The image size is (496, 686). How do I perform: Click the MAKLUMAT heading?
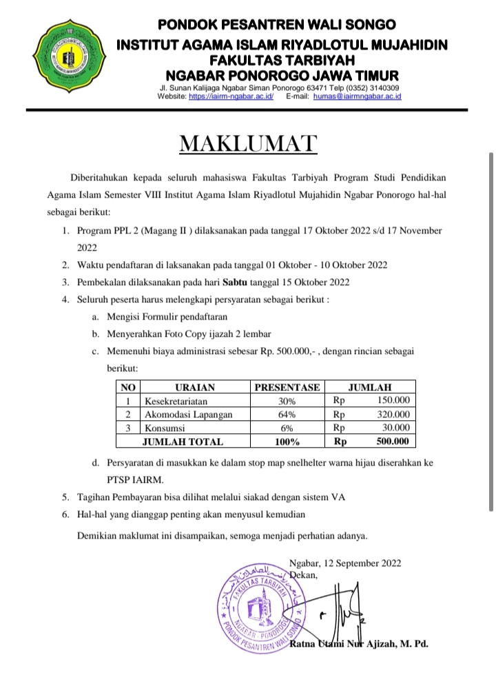(248, 143)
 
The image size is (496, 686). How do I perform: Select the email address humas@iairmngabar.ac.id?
(357, 97)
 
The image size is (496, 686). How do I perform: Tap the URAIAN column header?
(195, 387)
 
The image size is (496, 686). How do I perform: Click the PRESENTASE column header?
(287, 387)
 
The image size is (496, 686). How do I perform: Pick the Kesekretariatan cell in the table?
(175, 401)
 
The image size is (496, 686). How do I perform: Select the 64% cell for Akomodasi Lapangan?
(287, 415)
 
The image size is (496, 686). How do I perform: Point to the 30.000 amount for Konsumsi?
(395, 428)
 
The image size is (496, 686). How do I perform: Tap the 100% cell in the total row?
(287, 441)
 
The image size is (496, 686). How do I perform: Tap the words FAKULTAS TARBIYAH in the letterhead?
(281, 60)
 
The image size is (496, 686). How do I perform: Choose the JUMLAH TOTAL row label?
(182, 441)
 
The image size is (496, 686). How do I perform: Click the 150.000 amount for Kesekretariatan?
(394, 401)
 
